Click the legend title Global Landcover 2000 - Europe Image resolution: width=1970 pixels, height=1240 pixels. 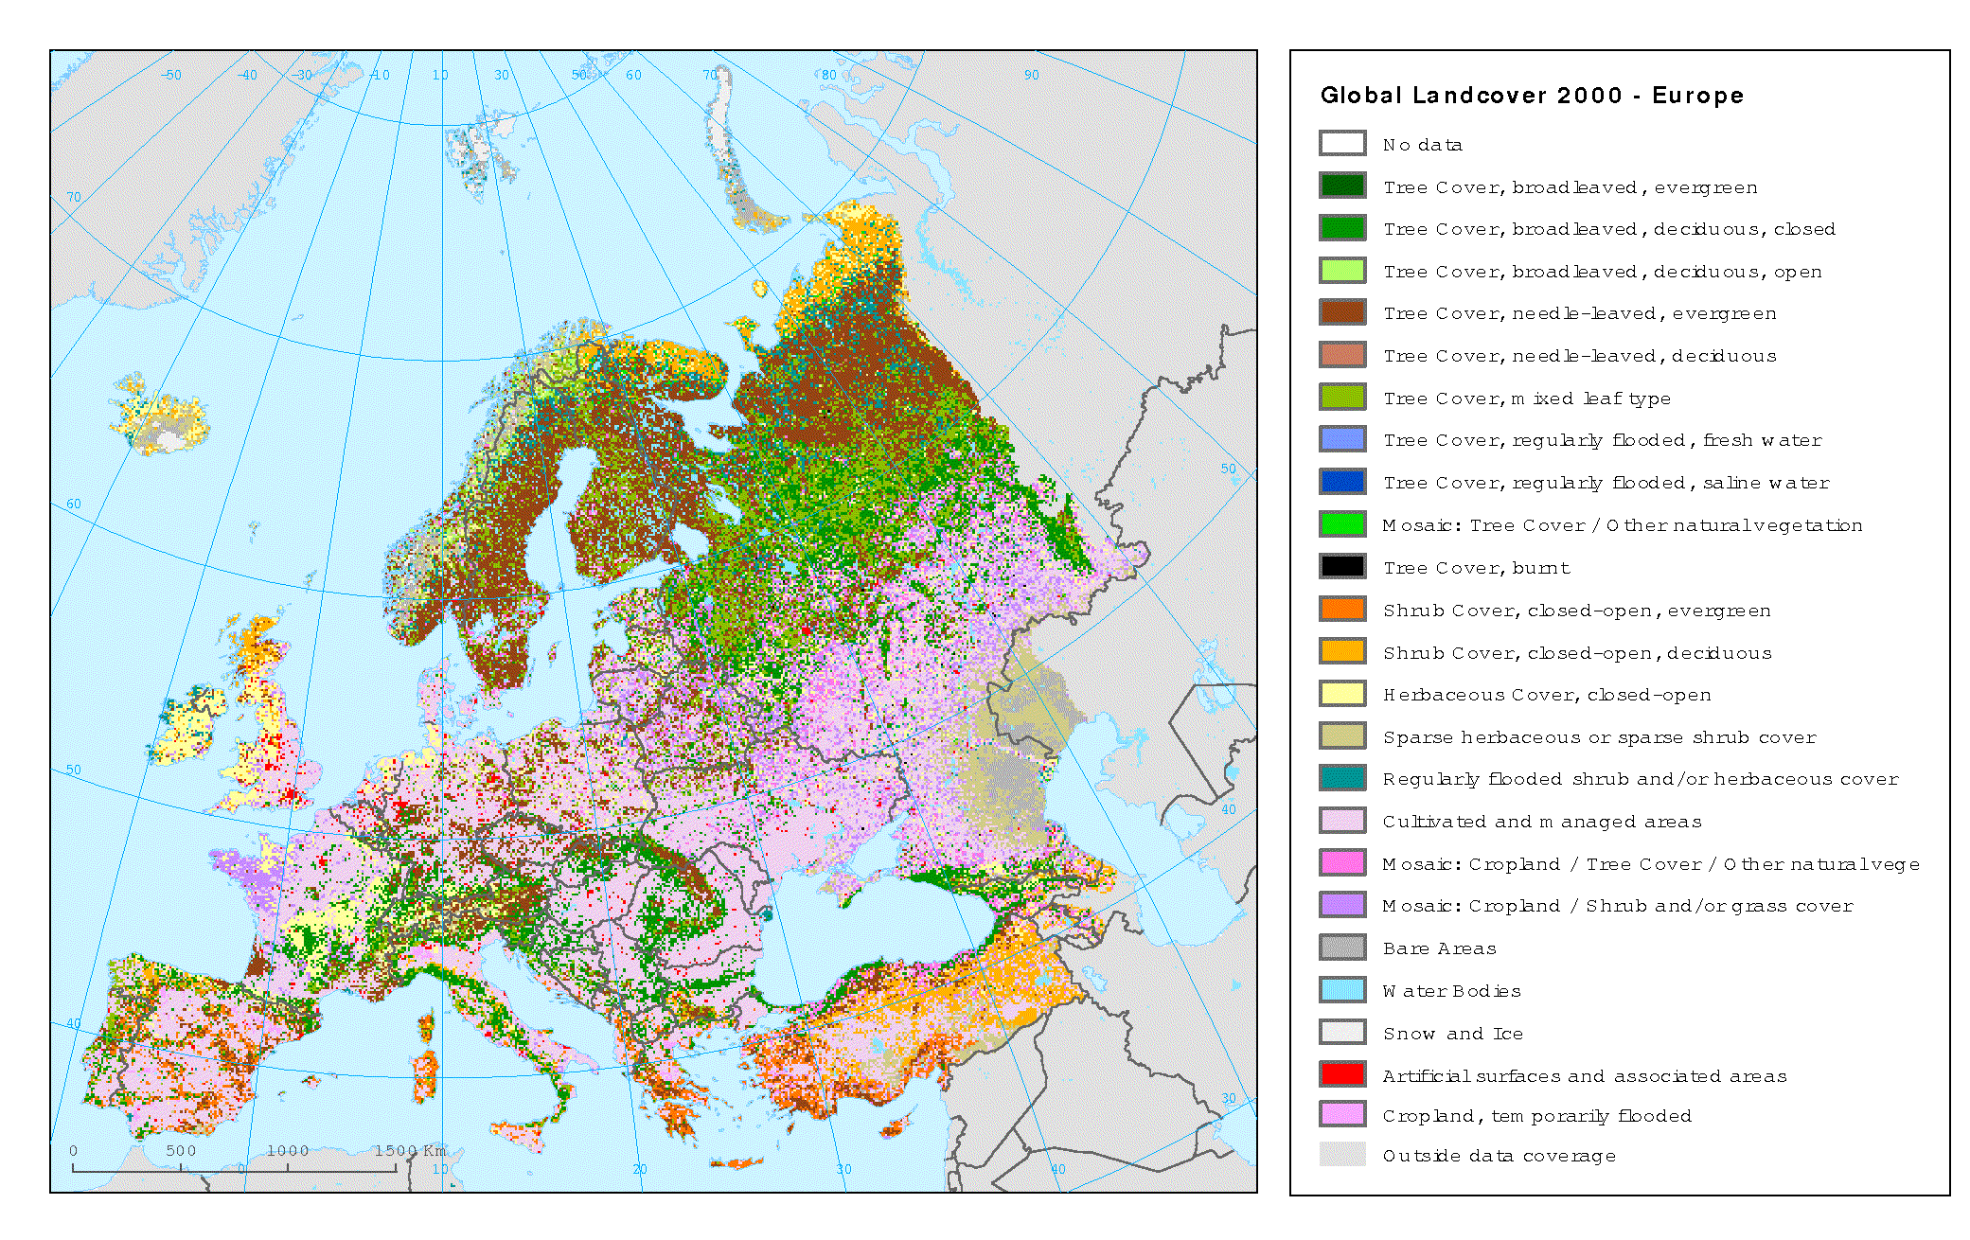click(x=1531, y=96)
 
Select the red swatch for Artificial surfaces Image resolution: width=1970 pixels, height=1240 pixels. click(x=1341, y=1074)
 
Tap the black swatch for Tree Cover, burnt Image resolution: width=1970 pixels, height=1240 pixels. click(x=1341, y=566)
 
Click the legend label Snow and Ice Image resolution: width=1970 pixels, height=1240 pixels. click(x=1452, y=1034)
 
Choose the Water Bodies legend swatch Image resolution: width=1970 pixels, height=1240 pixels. click(x=1341, y=990)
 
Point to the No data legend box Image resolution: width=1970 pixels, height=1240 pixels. click(x=1341, y=144)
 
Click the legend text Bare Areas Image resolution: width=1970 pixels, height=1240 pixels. click(x=1439, y=948)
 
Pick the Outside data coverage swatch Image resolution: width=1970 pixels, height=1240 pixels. click(x=1341, y=1154)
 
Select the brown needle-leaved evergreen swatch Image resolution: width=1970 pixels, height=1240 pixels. click(x=1341, y=312)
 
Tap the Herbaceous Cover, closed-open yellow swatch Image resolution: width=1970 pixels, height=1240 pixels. click(x=1341, y=694)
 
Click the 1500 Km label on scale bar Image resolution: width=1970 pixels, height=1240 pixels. click(x=409, y=1150)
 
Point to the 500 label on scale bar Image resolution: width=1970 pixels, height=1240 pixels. click(x=181, y=1150)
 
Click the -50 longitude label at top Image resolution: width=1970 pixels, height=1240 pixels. click(x=171, y=75)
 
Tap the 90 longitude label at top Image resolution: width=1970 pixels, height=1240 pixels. click(x=1031, y=75)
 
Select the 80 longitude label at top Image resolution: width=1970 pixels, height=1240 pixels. click(x=828, y=75)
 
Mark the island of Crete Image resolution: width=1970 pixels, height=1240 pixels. click(x=737, y=1162)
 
